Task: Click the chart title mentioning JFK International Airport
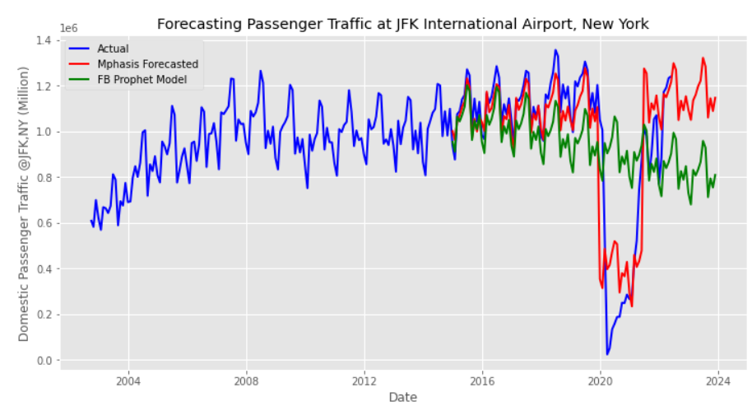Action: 402,25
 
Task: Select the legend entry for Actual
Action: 112,49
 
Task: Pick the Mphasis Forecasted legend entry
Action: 146,64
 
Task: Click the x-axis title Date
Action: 402,397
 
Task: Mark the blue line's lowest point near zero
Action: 607,355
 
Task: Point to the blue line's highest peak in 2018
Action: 555,50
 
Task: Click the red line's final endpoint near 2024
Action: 716,97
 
